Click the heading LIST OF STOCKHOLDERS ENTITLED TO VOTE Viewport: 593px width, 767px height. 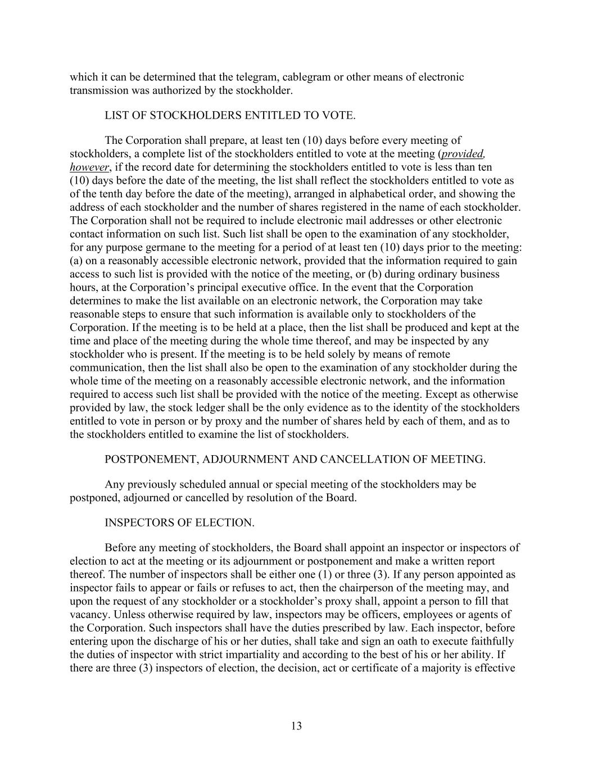pos(230,116)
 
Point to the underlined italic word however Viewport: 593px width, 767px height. pos(89,167)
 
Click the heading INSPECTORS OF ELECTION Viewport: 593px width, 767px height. pos(179,523)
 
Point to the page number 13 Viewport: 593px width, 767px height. pos(297,726)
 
